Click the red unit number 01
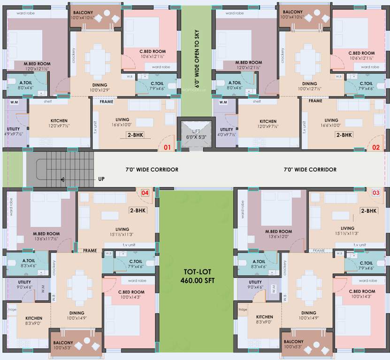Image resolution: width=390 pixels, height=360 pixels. click(167, 148)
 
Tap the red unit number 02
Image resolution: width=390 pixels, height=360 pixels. click(375, 147)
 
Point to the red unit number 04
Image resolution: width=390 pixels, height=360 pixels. click(145, 193)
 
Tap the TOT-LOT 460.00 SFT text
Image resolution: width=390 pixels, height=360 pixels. click(196, 276)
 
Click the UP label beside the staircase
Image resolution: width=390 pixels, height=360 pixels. click(101, 179)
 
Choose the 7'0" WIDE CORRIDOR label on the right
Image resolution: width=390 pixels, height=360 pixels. click(310, 170)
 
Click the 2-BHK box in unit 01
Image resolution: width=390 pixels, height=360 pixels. click(135, 135)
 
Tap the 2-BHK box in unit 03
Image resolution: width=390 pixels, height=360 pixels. click(368, 211)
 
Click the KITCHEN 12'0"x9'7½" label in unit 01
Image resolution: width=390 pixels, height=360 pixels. click(59, 123)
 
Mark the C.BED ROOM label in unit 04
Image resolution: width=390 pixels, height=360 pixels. click(131, 294)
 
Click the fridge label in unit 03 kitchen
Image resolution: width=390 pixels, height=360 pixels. click(242, 309)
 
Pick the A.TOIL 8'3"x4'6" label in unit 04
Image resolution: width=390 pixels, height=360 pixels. click(29, 263)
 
